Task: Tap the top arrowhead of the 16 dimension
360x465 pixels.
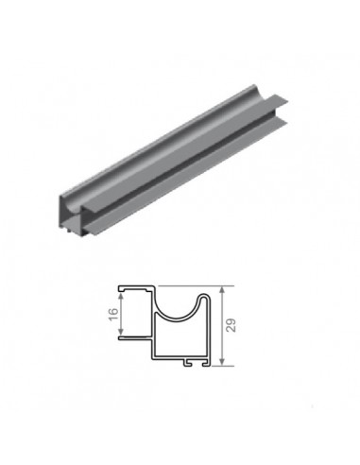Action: [122, 293]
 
